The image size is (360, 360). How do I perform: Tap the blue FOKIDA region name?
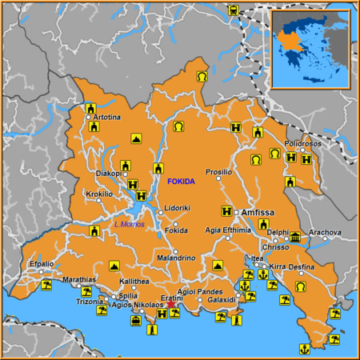click(x=180, y=182)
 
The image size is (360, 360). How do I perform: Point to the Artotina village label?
click(x=107, y=118)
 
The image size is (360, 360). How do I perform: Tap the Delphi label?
click(x=278, y=233)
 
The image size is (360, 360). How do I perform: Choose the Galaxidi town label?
click(x=221, y=300)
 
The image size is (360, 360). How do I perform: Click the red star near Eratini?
click(x=170, y=304)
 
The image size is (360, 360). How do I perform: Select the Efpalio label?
click(x=41, y=263)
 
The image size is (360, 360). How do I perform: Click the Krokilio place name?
click(x=99, y=194)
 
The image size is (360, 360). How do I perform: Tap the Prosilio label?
click(x=218, y=172)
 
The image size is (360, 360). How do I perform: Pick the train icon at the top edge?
click(x=233, y=10)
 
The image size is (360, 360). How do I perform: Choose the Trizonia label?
click(x=88, y=302)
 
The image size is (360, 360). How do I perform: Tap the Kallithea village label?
click(x=134, y=282)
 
